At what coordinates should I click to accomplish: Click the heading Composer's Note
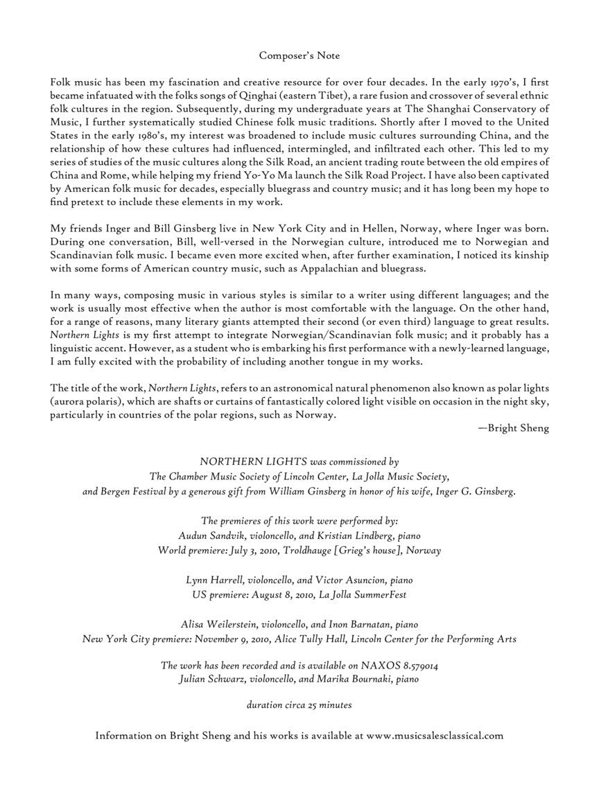[299, 55]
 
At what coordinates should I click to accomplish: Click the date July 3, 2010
[259, 551]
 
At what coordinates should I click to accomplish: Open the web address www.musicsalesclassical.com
[435, 736]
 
